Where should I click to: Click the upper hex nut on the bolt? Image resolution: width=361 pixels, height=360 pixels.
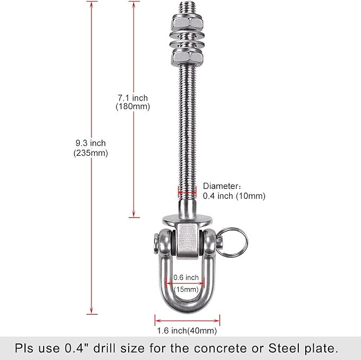point(187,22)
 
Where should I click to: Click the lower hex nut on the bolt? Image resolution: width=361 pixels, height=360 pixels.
point(187,56)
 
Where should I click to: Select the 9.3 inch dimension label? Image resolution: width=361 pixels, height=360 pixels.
point(91,143)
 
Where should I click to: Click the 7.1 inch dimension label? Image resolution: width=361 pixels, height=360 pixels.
point(133,98)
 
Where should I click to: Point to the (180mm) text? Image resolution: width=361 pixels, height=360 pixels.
point(133,106)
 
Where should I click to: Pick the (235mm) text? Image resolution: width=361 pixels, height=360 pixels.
point(91,153)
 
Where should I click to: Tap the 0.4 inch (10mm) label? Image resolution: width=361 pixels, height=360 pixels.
point(234,196)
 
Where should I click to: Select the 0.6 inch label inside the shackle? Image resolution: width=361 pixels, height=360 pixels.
point(186,278)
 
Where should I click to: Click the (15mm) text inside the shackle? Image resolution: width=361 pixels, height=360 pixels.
point(186,289)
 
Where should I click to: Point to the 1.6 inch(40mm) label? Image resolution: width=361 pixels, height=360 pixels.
point(187,331)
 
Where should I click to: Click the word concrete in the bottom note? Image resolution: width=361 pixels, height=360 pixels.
point(220,348)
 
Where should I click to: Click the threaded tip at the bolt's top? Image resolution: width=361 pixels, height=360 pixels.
point(187,8)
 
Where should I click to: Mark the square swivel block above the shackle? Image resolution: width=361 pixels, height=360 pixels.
point(187,241)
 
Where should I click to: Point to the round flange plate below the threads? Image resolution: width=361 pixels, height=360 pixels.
point(187,220)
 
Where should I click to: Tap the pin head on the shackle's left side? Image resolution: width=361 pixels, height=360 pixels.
point(156,244)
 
